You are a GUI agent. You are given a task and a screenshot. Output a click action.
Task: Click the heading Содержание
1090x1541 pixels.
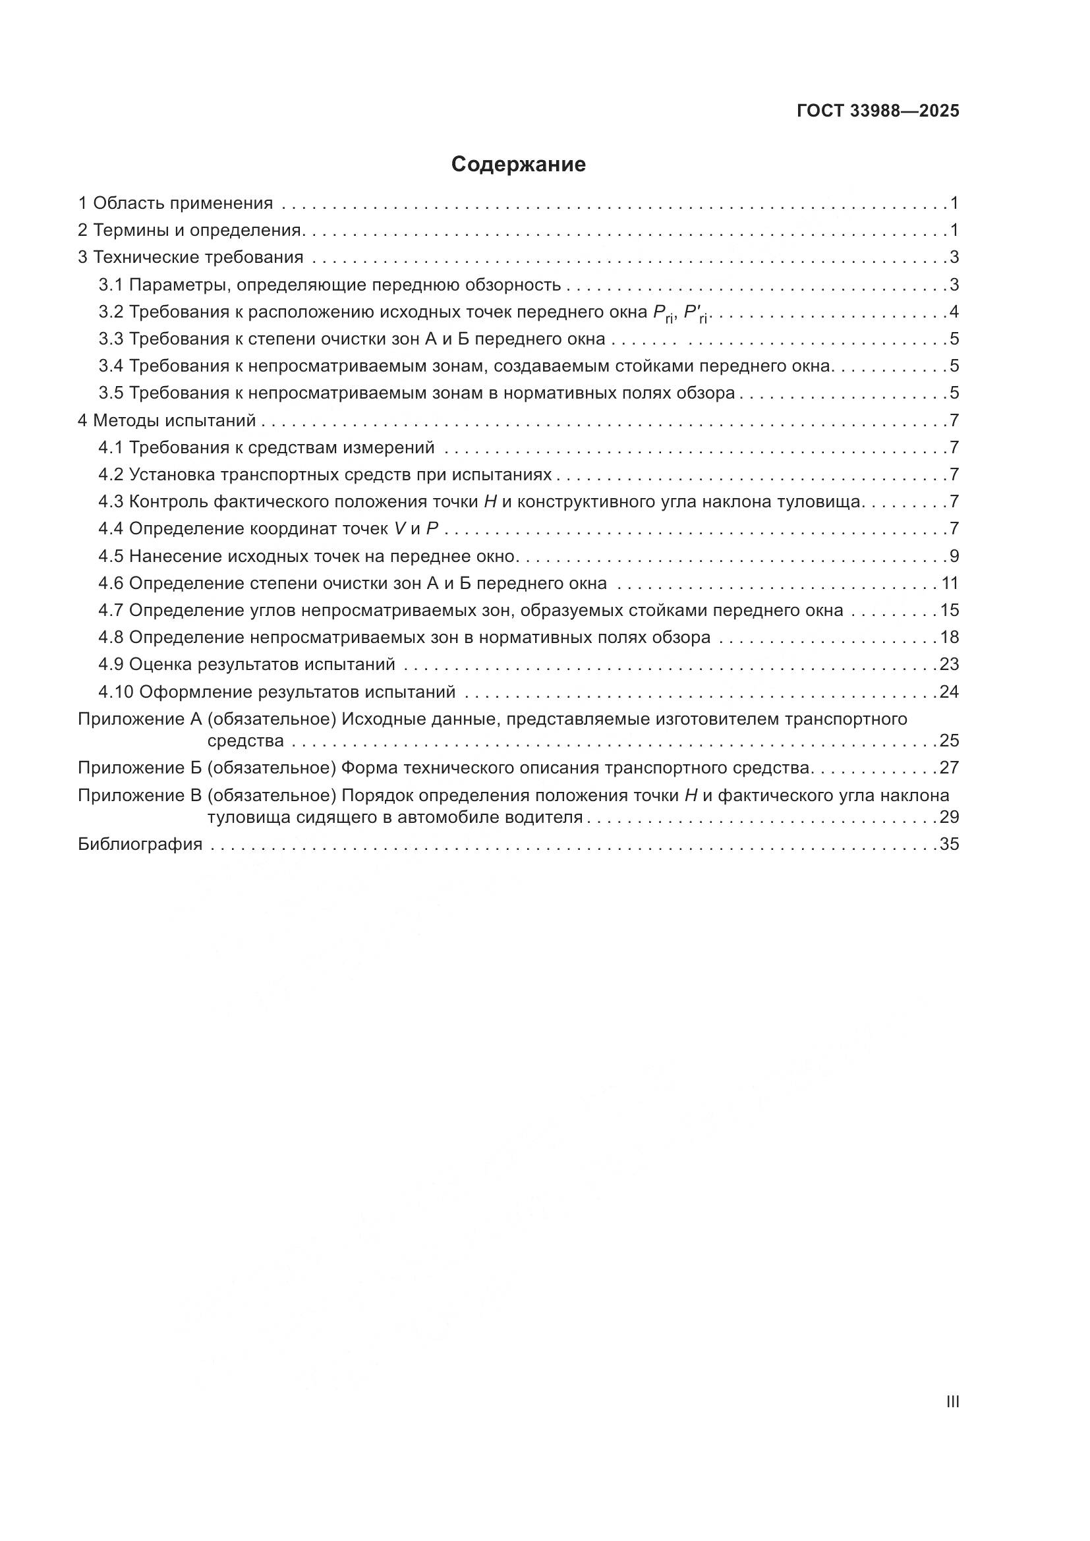(x=518, y=165)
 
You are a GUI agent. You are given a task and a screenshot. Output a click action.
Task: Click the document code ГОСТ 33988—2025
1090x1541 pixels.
(x=878, y=111)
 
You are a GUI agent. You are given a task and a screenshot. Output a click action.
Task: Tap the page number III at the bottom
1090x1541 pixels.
(x=952, y=1402)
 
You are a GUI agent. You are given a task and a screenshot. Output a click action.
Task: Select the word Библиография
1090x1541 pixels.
(x=140, y=845)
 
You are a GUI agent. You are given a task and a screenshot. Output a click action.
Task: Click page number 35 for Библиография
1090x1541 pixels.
(x=949, y=845)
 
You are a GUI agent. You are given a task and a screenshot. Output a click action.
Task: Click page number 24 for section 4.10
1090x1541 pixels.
(x=949, y=692)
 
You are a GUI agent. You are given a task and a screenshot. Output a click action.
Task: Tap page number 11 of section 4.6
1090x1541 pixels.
(x=950, y=583)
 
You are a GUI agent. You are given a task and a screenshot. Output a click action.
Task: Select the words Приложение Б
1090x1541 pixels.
(x=140, y=768)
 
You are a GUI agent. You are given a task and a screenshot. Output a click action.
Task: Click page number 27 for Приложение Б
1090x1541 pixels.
(x=949, y=768)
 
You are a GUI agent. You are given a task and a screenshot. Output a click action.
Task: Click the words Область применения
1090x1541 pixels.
(x=183, y=204)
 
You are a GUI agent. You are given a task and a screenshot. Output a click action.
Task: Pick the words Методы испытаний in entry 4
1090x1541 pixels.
(x=175, y=421)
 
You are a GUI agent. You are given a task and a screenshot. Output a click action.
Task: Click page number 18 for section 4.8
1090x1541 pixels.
(x=949, y=638)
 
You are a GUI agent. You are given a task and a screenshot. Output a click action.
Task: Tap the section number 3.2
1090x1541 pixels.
(x=111, y=312)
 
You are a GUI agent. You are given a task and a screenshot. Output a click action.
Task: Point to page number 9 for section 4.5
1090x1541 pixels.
(x=954, y=557)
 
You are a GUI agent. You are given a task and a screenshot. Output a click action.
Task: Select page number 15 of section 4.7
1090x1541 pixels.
(x=949, y=611)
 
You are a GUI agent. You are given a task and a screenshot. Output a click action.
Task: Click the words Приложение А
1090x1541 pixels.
(x=140, y=719)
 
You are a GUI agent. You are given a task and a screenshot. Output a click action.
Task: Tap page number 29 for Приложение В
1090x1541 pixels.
(x=949, y=818)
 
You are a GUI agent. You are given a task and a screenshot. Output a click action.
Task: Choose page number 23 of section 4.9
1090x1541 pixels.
(x=949, y=665)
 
